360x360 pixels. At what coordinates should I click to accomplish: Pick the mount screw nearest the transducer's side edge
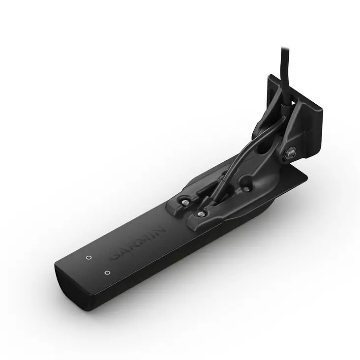coord(200,213)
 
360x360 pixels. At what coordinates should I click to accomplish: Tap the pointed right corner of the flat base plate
coord(307,174)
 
